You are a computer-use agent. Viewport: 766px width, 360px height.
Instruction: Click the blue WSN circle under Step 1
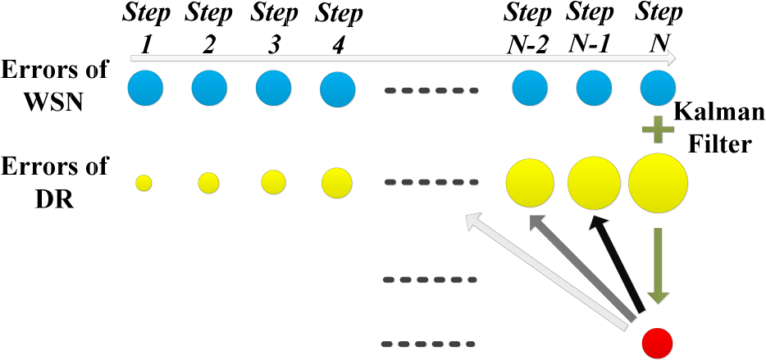pos(145,89)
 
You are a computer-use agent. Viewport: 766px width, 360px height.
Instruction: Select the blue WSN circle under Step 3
pos(274,89)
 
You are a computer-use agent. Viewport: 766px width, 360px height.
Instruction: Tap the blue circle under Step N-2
pos(530,89)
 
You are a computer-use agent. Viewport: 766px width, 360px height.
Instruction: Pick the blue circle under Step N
pos(658,89)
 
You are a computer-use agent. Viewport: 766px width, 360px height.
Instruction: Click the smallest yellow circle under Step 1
pos(144,183)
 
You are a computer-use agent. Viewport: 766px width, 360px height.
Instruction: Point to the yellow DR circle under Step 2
pos(208,183)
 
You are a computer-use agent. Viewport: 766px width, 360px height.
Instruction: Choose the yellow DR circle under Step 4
pos(337,183)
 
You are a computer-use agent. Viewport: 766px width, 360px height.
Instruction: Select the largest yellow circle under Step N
pos(658,183)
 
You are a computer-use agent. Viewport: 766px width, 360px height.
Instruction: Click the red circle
pos(657,343)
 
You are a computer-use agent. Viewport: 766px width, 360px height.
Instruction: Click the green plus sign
pos(658,130)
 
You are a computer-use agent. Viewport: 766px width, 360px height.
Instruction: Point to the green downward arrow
pos(658,267)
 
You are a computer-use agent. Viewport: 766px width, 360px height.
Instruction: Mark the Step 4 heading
pos(339,30)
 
